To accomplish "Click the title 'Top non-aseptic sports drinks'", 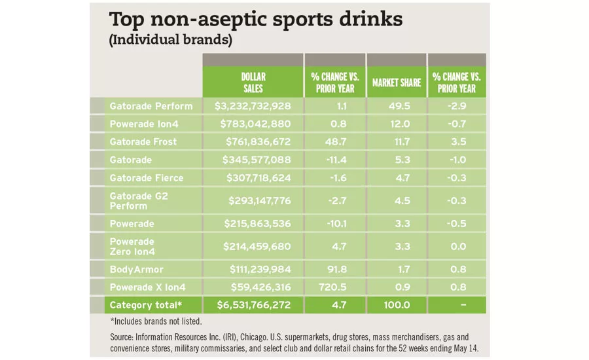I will (x=255, y=20).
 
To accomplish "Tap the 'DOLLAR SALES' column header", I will (x=253, y=82).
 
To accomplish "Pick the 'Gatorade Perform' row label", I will (x=151, y=106).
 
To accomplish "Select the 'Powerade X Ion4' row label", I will (x=148, y=287).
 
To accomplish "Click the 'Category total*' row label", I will (x=146, y=305).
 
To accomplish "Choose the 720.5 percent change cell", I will (x=334, y=287).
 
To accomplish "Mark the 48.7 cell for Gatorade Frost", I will (x=334, y=141).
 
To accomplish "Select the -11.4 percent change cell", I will (x=334, y=160).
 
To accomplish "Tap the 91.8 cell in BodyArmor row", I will (x=334, y=269).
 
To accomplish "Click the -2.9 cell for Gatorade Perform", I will (x=458, y=106).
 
